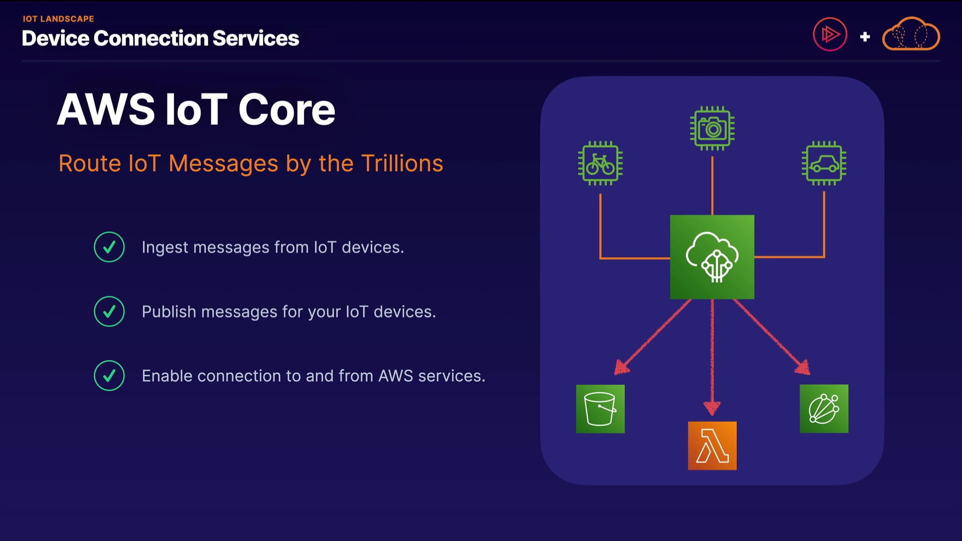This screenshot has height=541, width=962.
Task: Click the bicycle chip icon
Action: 600,163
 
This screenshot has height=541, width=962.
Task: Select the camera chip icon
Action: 712,128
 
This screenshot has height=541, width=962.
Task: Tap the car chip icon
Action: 824,163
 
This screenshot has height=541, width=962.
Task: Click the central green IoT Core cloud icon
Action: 712,257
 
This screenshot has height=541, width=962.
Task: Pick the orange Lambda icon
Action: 712,445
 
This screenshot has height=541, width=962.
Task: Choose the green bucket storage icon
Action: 600,409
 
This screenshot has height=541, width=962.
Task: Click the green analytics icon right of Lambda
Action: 824,409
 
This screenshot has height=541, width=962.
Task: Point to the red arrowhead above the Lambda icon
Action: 712,408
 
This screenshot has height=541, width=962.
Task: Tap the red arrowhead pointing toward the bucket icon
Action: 621,368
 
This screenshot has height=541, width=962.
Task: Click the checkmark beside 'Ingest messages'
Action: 109,247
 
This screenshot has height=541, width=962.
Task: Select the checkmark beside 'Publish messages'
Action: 109,312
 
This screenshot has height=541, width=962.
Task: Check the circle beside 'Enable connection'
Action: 109,376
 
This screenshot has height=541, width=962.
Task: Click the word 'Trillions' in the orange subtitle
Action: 402,163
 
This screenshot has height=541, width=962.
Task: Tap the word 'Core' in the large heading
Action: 287,110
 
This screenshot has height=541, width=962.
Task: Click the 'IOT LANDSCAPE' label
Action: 58,19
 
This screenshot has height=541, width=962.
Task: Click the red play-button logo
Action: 830,35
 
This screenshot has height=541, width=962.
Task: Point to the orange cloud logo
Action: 911,35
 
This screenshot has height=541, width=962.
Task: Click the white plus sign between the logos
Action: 865,37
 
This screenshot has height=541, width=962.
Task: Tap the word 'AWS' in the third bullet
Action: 395,376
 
